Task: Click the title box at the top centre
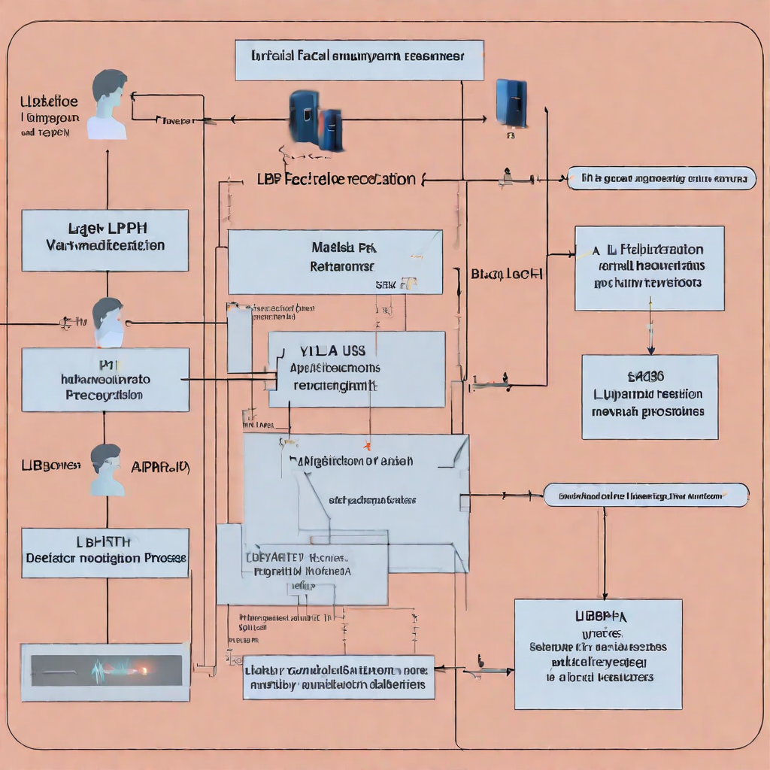(x=359, y=60)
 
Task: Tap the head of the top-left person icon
(x=109, y=86)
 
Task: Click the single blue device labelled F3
(x=511, y=103)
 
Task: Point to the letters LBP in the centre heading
(x=268, y=180)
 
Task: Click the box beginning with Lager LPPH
(x=105, y=240)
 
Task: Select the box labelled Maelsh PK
(x=335, y=262)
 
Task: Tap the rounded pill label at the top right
(x=661, y=178)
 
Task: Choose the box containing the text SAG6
(x=650, y=396)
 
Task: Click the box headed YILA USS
(x=356, y=369)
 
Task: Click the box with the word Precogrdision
(x=105, y=379)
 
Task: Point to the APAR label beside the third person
(x=160, y=467)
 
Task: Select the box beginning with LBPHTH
(x=105, y=553)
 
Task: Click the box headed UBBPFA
(x=598, y=653)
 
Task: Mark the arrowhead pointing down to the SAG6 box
(x=650, y=349)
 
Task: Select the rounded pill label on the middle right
(x=645, y=495)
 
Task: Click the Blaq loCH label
(x=507, y=274)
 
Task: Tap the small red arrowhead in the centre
(x=368, y=445)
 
